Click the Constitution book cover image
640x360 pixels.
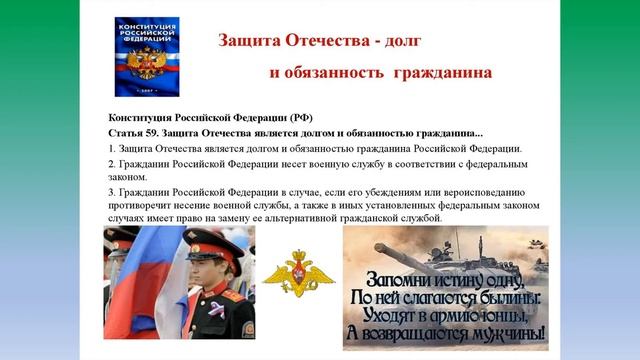coord(147,57)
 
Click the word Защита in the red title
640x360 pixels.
coord(250,41)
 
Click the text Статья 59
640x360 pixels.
coord(131,133)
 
